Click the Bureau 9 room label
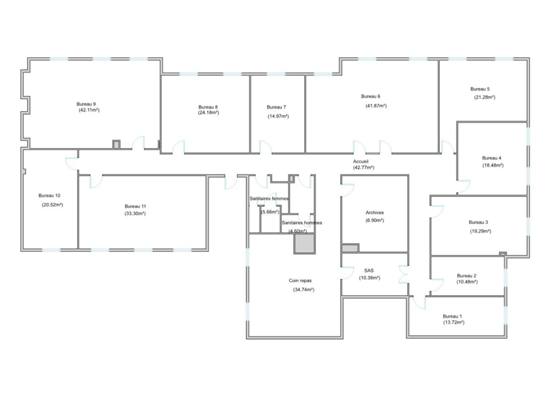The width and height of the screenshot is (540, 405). [x=86, y=104]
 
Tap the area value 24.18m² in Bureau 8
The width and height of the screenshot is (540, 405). [x=208, y=112]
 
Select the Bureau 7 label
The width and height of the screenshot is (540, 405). [x=276, y=107]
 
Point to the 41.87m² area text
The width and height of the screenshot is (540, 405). [x=376, y=106]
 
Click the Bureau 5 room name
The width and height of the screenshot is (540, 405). [x=480, y=89]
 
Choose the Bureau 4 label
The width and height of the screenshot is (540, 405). [x=491, y=158]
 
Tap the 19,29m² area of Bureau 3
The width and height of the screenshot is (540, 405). [x=481, y=231]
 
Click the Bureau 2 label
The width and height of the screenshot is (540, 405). [x=467, y=275]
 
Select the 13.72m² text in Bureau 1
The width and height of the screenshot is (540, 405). [x=454, y=322]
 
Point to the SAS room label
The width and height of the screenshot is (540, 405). [x=369, y=270]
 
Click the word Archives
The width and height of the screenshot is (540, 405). [x=375, y=213]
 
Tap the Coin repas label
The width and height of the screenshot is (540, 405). [x=300, y=280]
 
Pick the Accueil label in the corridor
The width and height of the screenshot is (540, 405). [x=361, y=161]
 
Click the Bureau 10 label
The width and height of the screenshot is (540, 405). [x=49, y=195]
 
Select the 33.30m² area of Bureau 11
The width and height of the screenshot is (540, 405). [x=135, y=213]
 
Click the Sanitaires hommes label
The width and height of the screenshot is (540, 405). [x=302, y=223]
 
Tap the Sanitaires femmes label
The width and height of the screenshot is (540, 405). [x=269, y=198]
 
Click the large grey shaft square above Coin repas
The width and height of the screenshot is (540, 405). [x=305, y=243]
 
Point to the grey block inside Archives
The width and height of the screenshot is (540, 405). [x=350, y=248]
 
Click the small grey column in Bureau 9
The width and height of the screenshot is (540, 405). [x=116, y=145]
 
